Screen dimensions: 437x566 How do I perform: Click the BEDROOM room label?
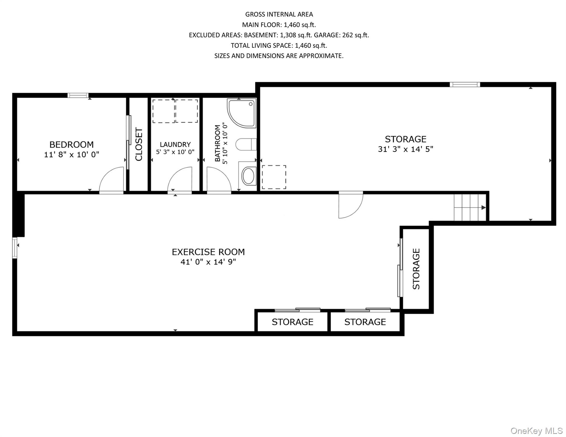click(x=71, y=145)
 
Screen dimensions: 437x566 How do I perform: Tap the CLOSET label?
click(x=139, y=144)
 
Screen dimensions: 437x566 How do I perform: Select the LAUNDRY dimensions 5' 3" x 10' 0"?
click(x=175, y=152)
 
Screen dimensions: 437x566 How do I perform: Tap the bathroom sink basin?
click(x=249, y=176)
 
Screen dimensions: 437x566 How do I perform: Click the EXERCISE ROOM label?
click(x=208, y=252)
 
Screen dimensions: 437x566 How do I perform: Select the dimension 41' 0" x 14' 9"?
click(x=208, y=262)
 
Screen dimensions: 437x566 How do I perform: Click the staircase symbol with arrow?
click(x=470, y=208)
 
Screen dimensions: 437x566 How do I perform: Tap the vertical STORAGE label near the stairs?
click(x=416, y=269)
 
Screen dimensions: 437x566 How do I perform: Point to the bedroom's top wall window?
click(x=78, y=95)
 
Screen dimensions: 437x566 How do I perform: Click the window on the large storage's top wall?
click(x=465, y=84)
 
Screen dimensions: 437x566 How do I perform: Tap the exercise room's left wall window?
click(x=15, y=248)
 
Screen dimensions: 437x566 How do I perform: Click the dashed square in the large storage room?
click(x=274, y=177)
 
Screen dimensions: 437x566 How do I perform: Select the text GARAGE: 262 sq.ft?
click(x=341, y=35)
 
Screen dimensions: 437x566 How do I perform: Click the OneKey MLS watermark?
click(x=536, y=431)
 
